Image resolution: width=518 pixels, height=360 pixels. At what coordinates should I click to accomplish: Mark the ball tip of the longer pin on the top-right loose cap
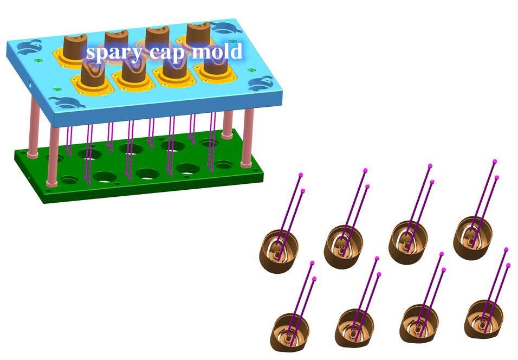tap(495, 162)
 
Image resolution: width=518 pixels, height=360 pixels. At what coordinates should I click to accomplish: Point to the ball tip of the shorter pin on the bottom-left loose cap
tap(314, 279)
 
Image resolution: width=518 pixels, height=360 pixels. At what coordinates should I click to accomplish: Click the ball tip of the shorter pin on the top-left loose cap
tap(303, 191)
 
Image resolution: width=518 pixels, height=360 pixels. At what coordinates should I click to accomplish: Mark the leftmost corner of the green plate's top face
tap(15, 150)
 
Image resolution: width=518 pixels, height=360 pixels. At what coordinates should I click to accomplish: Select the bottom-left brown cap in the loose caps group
tap(290, 332)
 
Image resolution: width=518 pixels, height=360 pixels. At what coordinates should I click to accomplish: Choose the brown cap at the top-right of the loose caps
tap(472, 237)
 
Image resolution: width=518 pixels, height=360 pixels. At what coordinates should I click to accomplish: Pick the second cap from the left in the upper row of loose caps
tap(343, 247)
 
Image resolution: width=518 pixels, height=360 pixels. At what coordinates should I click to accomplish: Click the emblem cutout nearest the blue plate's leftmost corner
tap(30, 48)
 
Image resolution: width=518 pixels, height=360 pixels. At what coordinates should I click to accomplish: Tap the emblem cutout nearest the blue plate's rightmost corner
tap(261, 83)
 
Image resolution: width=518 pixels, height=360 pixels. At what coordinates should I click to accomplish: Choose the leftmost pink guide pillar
tap(34, 126)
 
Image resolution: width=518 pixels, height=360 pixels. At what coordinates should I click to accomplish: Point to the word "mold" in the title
tap(217, 52)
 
